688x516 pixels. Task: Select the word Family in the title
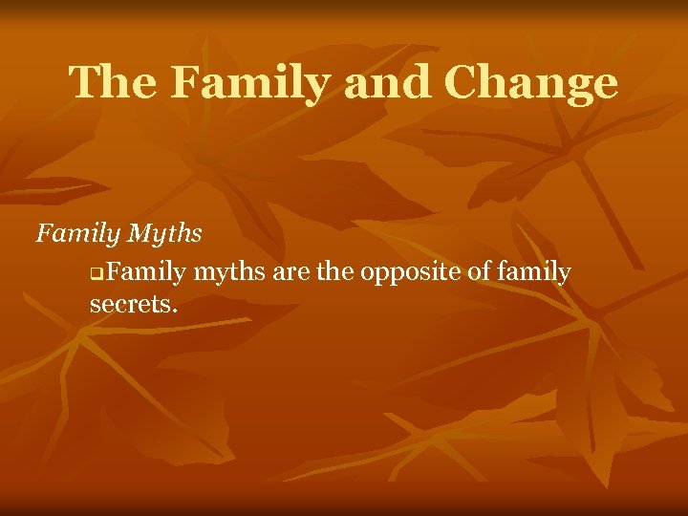(251, 84)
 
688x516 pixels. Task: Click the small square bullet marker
(95, 275)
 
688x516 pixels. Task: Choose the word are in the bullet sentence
(291, 273)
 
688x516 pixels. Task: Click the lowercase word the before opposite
(335, 273)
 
